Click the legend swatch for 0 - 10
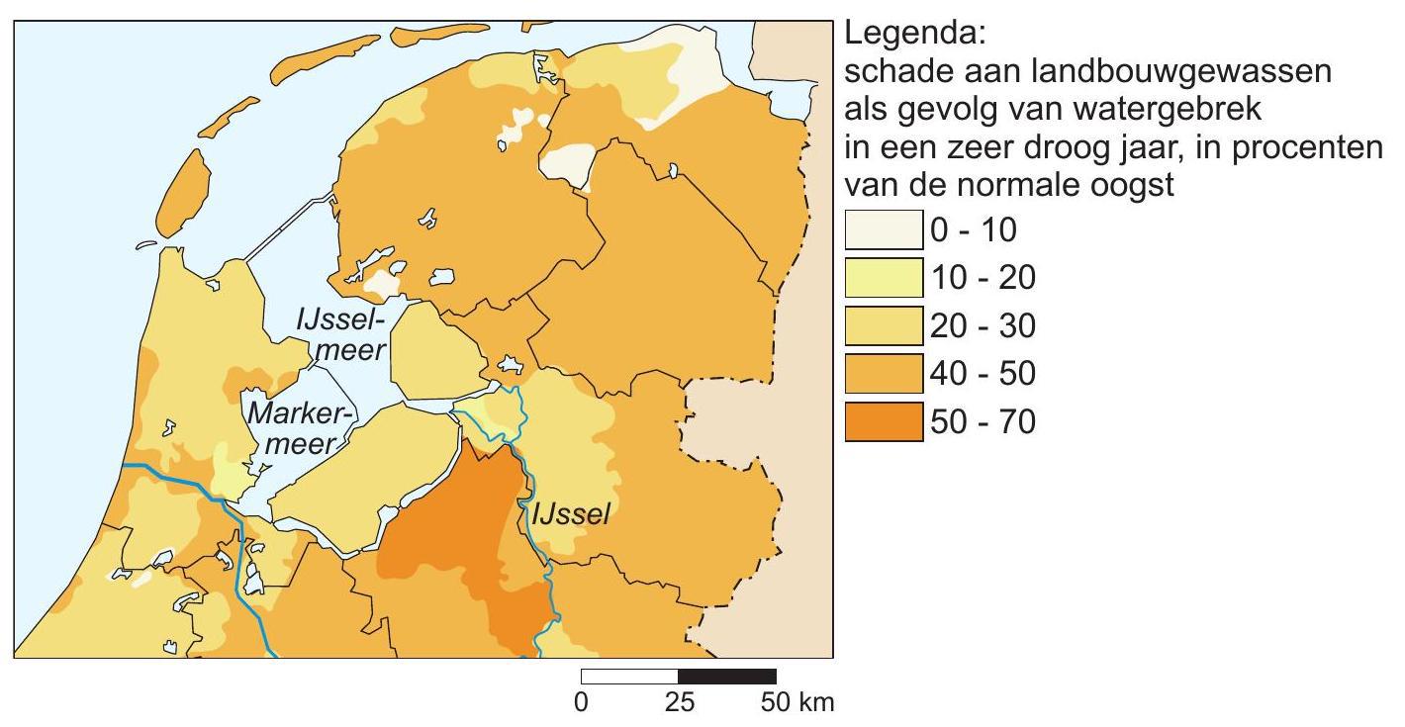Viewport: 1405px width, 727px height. click(x=884, y=232)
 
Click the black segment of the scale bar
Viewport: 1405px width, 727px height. click(x=727, y=677)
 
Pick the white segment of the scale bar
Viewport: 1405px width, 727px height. click(x=630, y=677)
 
